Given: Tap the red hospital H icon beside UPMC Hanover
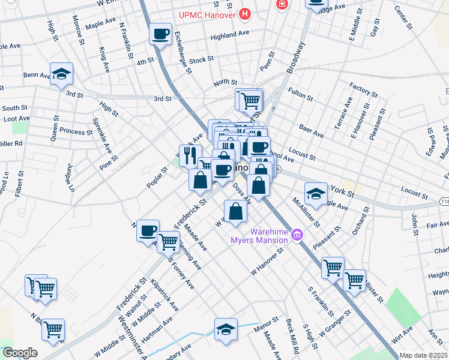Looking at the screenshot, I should click(x=244, y=13).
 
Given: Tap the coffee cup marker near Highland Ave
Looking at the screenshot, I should click(x=160, y=34).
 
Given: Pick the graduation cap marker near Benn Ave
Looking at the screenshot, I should click(x=61, y=74).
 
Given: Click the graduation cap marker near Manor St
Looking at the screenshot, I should click(x=226, y=329).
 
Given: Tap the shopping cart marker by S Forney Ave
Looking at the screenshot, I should click(x=169, y=242).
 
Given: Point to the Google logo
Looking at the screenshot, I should click(x=20, y=353).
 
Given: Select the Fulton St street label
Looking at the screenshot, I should click(x=301, y=92).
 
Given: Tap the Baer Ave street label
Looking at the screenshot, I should click(x=311, y=131).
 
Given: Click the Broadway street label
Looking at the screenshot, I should click(x=296, y=57).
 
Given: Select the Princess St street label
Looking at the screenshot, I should click(x=72, y=131).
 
